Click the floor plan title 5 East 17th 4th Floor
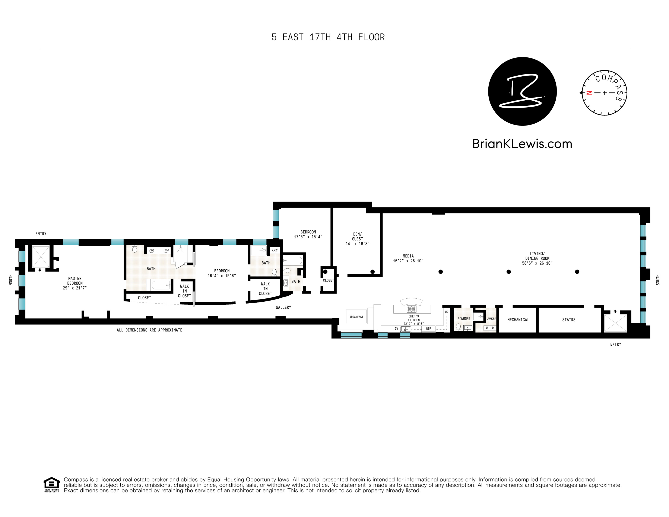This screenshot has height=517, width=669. click(328, 37)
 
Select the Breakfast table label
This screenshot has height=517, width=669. click(356, 317)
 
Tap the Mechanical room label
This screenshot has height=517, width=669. click(518, 320)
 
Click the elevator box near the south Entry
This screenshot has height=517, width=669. click(615, 323)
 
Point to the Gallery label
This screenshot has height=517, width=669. click(283, 307)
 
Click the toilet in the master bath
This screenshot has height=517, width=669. click(134, 249)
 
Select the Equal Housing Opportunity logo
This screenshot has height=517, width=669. click(51, 485)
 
